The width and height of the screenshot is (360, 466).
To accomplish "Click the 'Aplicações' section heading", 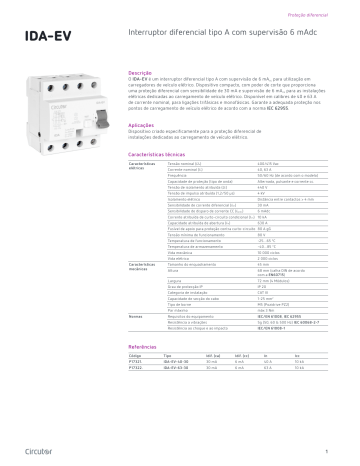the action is pos(142,152).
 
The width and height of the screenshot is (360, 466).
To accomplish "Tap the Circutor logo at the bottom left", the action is pos(38,450).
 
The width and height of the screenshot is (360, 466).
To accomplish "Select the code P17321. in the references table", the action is pos(139,360).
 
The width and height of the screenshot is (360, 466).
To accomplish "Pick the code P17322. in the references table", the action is pos(139,367).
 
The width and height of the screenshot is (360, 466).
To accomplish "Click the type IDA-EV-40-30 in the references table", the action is pos(179,360).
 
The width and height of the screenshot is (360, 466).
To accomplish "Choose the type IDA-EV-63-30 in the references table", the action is pos(179,367).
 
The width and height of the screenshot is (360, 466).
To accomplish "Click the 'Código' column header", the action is pos(137,353).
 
